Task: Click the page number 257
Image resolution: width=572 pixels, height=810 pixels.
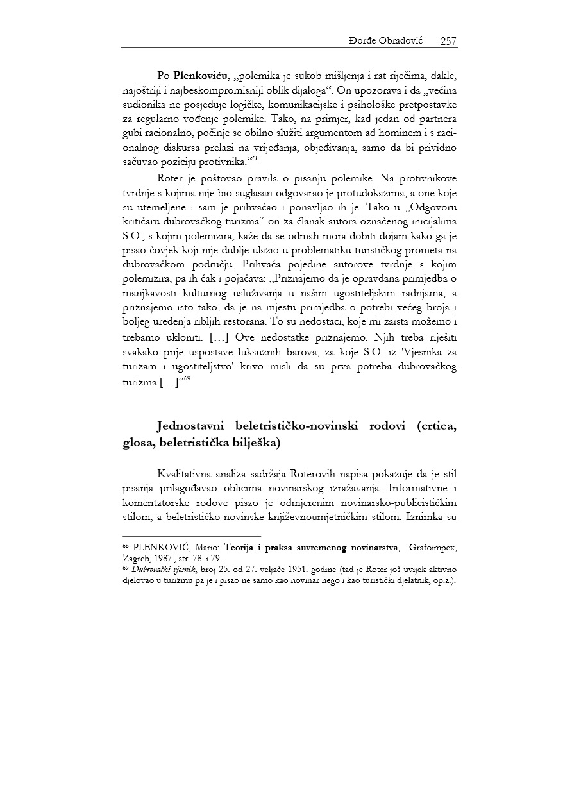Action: click(x=448, y=41)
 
